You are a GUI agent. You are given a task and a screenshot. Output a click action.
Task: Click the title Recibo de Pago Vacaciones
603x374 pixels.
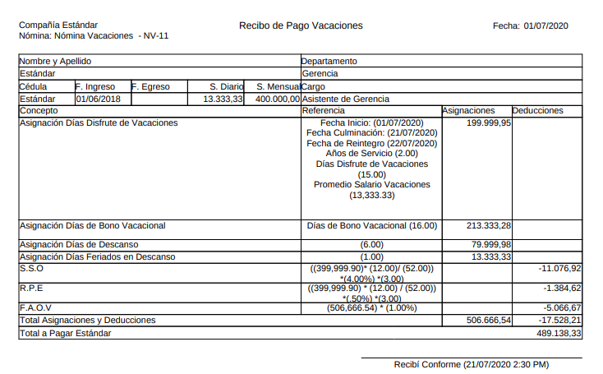coord(300,25)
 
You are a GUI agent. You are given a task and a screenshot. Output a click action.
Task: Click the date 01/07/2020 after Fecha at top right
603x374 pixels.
coord(545,25)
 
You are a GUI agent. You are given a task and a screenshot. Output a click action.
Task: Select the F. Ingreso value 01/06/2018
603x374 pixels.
coord(98,99)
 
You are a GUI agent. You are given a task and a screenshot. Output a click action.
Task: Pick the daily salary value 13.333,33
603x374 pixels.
coord(223,99)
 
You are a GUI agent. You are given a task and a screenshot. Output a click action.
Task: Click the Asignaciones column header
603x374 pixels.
coord(468,110)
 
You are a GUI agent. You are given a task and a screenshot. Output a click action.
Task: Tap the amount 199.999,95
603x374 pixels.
coord(489,122)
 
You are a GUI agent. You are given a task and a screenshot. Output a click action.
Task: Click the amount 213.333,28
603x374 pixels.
coord(489,225)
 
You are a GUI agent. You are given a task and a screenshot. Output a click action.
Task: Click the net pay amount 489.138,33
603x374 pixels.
coord(559,334)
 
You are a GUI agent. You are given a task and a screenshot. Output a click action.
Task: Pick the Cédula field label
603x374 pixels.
coord(34,86)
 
